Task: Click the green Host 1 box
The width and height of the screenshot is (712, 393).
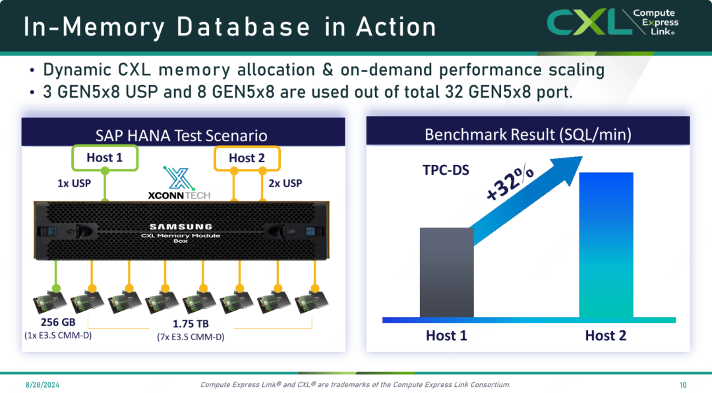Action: pyautogui.click(x=105, y=158)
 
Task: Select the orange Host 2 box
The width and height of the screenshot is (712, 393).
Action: pyautogui.click(x=247, y=158)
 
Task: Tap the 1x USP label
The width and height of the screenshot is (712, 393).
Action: pyautogui.click(x=74, y=183)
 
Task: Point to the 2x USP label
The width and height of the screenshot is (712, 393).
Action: pyautogui.click(x=285, y=183)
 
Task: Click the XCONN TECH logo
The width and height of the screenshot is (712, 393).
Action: pyautogui.click(x=179, y=183)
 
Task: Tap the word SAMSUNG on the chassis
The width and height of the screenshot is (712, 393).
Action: pyautogui.click(x=181, y=226)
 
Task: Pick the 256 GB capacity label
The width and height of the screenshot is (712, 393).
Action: pyautogui.click(x=58, y=322)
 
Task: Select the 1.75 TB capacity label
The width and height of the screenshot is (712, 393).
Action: pyautogui.click(x=191, y=324)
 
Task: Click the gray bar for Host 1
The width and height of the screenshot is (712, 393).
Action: pyautogui.click(x=447, y=272)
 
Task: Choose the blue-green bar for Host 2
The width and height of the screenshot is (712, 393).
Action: pyautogui.click(x=606, y=245)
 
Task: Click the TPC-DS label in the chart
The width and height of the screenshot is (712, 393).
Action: pyautogui.click(x=446, y=170)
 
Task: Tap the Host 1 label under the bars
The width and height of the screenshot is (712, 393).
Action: pyautogui.click(x=446, y=335)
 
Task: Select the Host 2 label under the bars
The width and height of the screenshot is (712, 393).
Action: pyautogui.click(x=606, y=335)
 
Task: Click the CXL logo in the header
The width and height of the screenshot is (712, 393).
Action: pyautogui.click(x=612, y=22)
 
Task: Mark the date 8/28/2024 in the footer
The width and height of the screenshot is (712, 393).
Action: pyautogui.click(x=42, y=385)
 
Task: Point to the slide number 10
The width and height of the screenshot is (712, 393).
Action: pyautogui.click(x=683, y=385)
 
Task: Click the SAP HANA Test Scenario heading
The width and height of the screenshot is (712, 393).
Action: pyautogui.click(x=181, y=135)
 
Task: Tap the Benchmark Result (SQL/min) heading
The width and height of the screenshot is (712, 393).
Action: pyautogui.click(x=527, y=135)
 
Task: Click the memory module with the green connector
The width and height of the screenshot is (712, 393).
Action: pyautogui.click(x=50, y=301)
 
